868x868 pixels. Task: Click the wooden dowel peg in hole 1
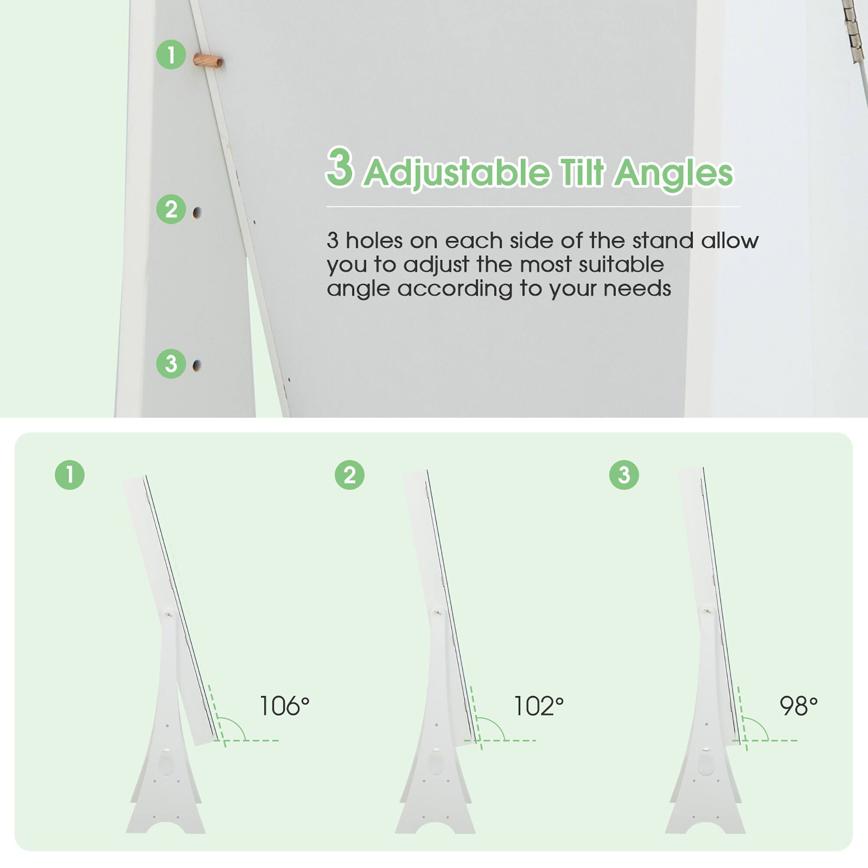tap(208, 60)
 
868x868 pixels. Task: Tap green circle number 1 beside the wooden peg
tap(171, 55)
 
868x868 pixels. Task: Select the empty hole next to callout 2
tap(197, 213)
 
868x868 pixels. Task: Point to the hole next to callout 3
tap(196, 365)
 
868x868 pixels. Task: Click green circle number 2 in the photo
tap(171, 209)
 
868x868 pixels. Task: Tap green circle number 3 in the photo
tap(171, 363)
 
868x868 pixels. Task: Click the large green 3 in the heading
tap(340, 167)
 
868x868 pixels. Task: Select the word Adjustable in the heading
tap(457, 173)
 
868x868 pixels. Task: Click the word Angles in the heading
tap(674, 173)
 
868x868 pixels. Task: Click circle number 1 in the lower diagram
tap(69, 475)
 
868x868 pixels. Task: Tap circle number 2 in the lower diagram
tap(349, 475)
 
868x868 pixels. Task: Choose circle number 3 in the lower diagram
tap(624, 475)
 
